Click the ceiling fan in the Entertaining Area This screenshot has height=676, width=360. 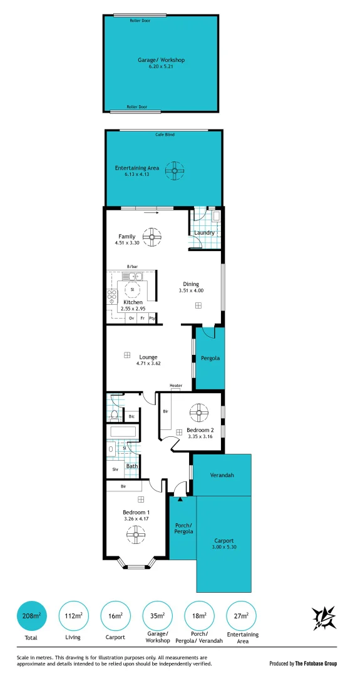tap(175, 170)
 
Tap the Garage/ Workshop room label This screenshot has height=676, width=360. tap(162, 60)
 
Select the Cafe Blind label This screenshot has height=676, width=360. tap(165, 135)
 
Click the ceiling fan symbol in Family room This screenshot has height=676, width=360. tap(152, 237)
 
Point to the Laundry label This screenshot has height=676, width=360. tap(204, 233)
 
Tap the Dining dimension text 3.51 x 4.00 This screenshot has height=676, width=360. tap(191, 290)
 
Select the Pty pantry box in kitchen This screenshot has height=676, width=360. tap(152, 318)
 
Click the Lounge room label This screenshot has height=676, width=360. tap(148, 357)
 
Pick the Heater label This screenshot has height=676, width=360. tap(176, 386)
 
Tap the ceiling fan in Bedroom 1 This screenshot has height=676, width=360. tap(136, 533)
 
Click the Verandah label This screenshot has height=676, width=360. tap(222, 475)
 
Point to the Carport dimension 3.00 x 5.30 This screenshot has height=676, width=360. tap(224, 547)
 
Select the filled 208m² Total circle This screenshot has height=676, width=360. tap(31, 616)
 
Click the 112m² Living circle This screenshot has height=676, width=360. tap(73, 616)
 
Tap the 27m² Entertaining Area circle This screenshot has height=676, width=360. tap(241, 616)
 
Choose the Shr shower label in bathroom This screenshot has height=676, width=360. tap(115, 469)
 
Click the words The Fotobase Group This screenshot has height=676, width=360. tap(316, 663)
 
